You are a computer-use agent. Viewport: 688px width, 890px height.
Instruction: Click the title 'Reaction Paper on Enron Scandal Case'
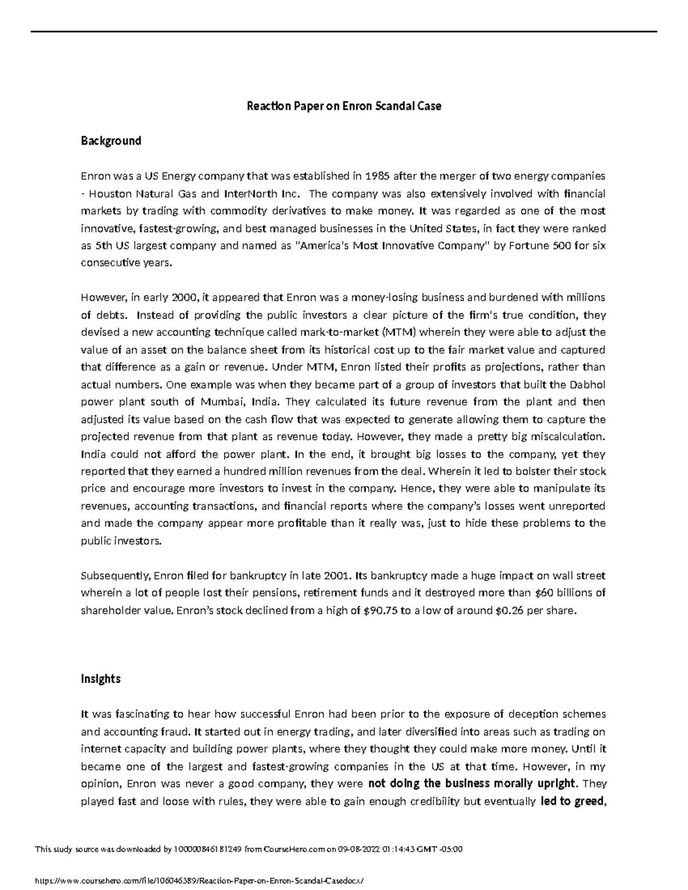(x=344, y=106)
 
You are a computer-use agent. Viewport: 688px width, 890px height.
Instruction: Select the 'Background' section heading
(x=111, y=141)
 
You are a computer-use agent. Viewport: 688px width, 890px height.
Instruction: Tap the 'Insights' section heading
(x=100, y=679)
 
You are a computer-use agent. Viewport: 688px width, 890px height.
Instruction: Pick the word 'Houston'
(x=108, y=193)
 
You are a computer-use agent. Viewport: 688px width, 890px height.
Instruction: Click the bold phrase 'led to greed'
(x=572, y=802)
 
